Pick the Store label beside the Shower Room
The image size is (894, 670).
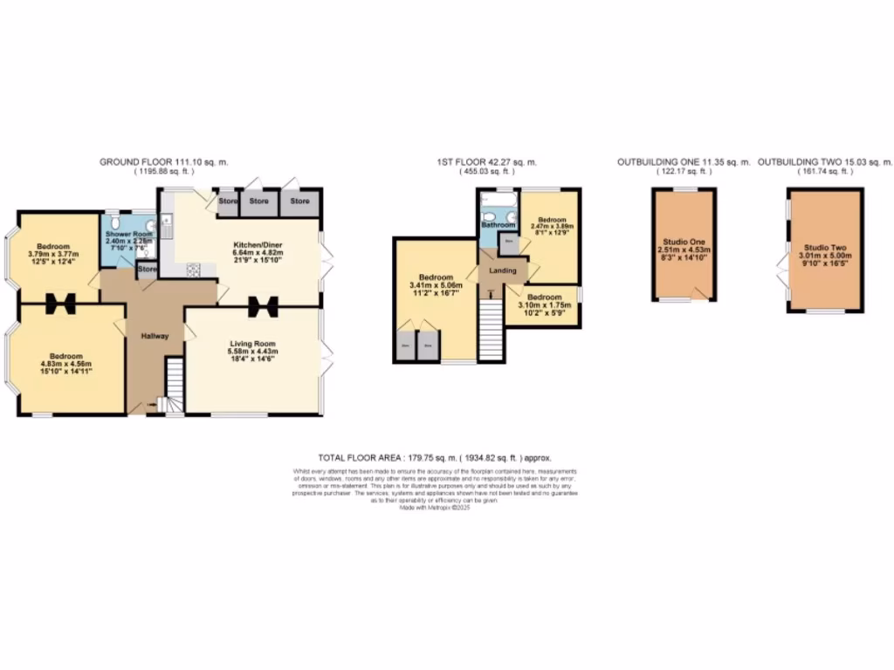click(147, 270)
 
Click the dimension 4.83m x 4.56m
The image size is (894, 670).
click(65, 365)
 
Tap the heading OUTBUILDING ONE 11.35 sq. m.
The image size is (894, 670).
click(684, 162)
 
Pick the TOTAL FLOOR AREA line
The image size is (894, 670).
click(434, 457)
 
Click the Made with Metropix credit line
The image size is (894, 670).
click(434, 506)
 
